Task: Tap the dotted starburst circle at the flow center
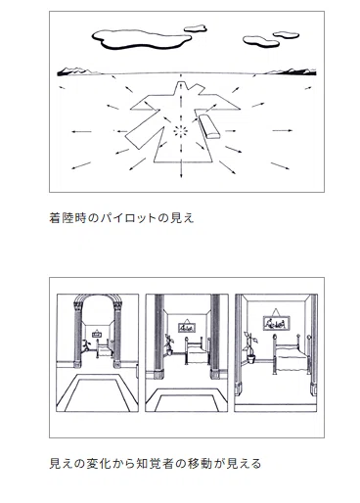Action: (x=181, y=131)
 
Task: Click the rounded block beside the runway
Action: (x=209, y=126)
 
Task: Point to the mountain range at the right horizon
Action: (x=291, y=71)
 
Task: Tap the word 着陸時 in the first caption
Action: (x=67, y=218)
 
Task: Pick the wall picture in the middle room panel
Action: (x=187, y=327)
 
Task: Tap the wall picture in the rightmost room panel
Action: (x=276, y=321)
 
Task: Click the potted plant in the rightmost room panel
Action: (x=250, y=347)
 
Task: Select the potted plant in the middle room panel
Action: (x=169, y=344)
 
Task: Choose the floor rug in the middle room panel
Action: (x=186, y=400)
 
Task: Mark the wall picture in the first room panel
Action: (x=97, y=334)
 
